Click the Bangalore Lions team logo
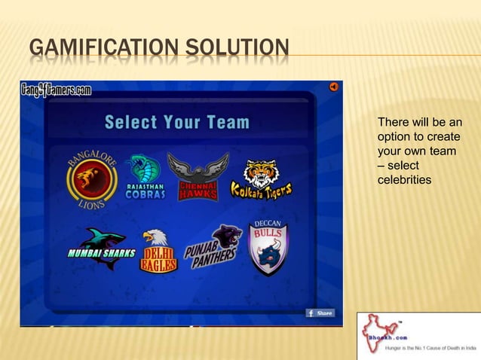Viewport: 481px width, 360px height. coord(91,178)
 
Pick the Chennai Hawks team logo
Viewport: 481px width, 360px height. coord(198,177)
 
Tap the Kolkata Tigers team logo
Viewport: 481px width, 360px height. coord(261,180)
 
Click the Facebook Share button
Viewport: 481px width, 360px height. coord(320,313)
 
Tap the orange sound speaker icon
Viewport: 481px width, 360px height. coord(333,87)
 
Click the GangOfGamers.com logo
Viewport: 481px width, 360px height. coord(55,90)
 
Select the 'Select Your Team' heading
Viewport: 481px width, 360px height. coord(176,121)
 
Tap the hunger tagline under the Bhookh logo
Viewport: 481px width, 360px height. coord(430,349)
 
